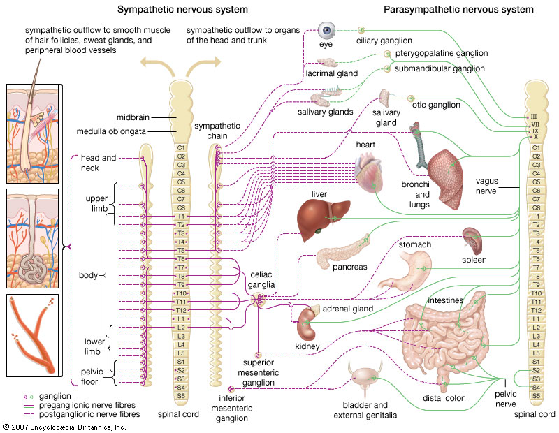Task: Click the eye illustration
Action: coord(327,31)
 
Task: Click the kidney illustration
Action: coord(306,323)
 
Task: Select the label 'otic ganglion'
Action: coord(436,105)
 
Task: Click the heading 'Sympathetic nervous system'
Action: coord(182,10)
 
